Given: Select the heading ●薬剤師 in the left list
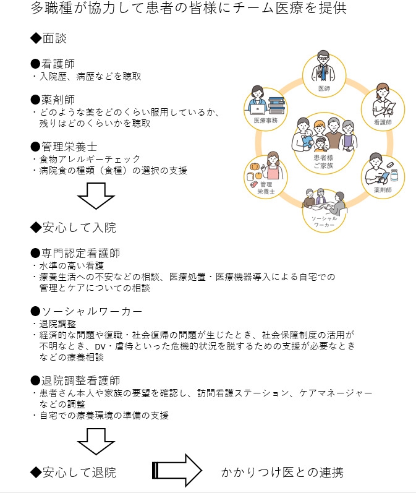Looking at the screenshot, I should point(54,99).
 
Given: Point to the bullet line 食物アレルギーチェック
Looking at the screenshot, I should point(86,159).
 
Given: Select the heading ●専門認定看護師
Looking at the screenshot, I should point(75,253).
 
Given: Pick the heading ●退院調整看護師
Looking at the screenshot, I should point(75,380).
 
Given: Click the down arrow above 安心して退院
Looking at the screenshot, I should point(95,443).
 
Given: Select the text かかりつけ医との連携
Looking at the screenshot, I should point(282,472).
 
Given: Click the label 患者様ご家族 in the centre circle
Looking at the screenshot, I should point(323,162).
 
